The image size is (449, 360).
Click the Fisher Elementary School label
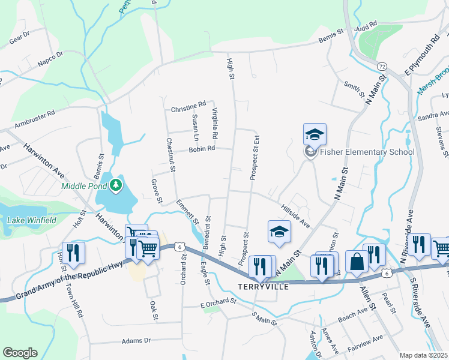tap(367, 152)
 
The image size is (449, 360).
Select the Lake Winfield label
tap(32, 220)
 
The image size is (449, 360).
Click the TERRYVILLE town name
tap(264, 287)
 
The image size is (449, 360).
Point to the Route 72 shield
tap(382, 65)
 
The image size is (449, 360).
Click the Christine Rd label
tap(188, 109)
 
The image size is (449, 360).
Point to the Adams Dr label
tap(136, 341)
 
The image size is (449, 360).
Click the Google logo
tap(20, 353)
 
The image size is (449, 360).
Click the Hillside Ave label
tap(294, 214)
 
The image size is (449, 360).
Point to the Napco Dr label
tap(50, 58)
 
